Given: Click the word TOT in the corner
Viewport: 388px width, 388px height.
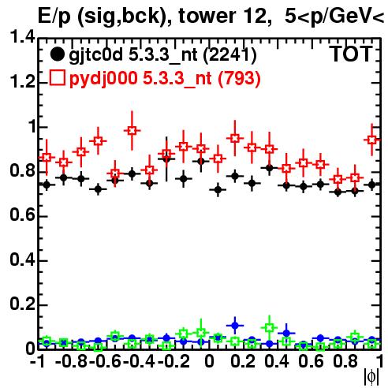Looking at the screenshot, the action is (x=352, y=54).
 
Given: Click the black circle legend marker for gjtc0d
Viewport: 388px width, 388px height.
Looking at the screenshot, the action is (x=57, y=54).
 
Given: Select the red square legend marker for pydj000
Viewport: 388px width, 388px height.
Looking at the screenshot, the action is (x=57, y=78).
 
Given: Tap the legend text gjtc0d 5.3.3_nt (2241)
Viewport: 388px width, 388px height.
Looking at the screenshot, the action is (x=162, y=55).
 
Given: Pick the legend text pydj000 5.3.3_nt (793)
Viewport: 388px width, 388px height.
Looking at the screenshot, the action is (x=165, y=79).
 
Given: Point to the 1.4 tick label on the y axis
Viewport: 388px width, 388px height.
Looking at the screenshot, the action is (x=22, y=37).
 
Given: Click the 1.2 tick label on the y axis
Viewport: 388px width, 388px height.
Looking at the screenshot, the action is (x=22, y=81).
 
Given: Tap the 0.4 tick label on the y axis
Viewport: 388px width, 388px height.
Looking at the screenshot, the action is (x=22, y=259).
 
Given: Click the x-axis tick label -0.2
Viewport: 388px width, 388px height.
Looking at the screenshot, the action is (x=173, y=361).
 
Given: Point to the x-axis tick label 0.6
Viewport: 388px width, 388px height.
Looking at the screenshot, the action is (x=311, y=361).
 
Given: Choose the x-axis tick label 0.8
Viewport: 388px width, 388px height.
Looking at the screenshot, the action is (x=345, y=361).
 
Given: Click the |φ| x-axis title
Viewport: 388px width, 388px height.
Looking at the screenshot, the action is (x=371, y=377).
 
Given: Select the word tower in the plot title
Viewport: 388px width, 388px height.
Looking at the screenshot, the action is (x=207, y=16).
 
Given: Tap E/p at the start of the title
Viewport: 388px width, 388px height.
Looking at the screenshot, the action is (x=54, y=17).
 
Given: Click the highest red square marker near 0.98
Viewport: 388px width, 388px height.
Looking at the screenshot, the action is (x=132, y=130).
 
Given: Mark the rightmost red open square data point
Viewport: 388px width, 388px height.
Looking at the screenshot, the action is (x=371, y=140).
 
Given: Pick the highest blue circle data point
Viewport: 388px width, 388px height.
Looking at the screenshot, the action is (x=235, y=326).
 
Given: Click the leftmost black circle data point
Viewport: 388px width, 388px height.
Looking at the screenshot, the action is (x=47, y=185).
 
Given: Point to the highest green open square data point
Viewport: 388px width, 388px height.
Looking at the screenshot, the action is (x=269, y=327).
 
